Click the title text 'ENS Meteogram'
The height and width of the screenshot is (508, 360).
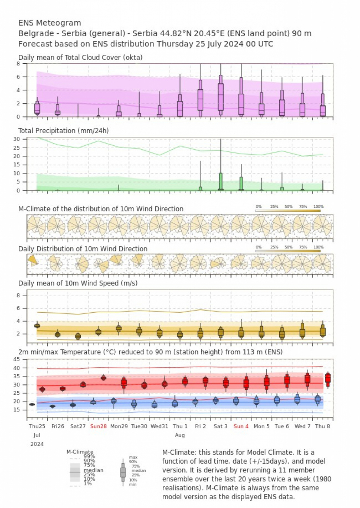click(x=50, y=23)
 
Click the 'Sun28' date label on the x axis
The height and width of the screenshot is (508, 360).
click(x=98, y=426)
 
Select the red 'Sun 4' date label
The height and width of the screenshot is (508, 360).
click(x=241, y=426)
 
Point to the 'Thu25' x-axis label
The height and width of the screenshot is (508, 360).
click(x=37, y=426)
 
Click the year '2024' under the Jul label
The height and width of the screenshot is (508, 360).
click(x=37, y=444)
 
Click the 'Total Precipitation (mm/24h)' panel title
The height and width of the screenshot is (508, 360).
click(x=63, y=131)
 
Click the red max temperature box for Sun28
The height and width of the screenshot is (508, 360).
click(x=103, y=377)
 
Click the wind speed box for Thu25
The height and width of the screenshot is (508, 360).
click(x=37, y=325)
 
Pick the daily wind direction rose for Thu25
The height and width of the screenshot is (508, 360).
click(x=33, y=261)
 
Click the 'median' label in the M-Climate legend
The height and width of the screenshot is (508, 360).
click(x=94, y=470)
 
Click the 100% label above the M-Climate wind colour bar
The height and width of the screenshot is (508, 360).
click(x=318, y=207)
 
